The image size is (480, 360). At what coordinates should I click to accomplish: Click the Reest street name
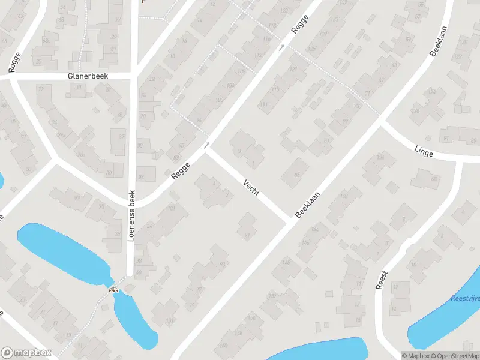(x=382, y=280)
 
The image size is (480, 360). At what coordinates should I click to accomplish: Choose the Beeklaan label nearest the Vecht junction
(x=308, y=205)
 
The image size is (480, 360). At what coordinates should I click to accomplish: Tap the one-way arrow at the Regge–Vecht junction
(x=207, y=145)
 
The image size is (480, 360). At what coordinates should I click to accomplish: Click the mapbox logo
(x=26, y=353)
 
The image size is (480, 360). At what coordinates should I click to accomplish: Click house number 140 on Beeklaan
(x=344, y=196)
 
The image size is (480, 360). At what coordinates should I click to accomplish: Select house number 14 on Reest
(x=393, y=310)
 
